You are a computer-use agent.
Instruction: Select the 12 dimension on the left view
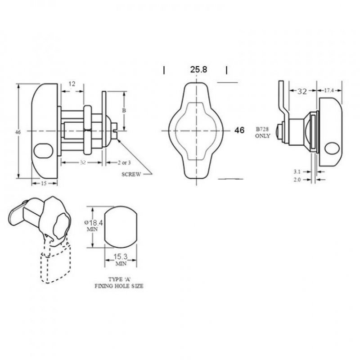tap(72, 84)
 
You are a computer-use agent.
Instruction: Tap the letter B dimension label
tap(124, 110)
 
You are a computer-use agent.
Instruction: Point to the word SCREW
tap(131, 174)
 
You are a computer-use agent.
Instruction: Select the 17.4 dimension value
tap(329, 91)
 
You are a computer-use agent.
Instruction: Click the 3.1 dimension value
tap(297, 171)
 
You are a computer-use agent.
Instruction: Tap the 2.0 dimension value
tap(297, 180)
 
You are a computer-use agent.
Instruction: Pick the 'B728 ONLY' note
tap(262, 132)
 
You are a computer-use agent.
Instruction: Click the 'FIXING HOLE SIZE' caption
tap(119, 286)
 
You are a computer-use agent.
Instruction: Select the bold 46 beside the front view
tap(239, 130)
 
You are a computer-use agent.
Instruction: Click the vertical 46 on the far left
tap(18, 132)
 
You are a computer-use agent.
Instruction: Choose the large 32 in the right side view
tap(301, 91)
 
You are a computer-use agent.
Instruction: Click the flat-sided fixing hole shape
tap(120, 227)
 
